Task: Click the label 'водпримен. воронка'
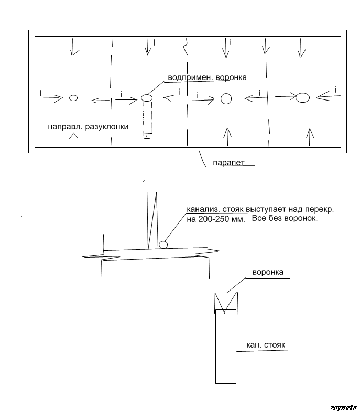click(x=208, y=77)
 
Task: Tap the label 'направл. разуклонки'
click(x=88, y=127)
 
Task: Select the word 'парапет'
click(x=228, y=163)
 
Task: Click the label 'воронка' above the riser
click(x=268, y=272)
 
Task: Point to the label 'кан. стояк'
click(x=266, y=345)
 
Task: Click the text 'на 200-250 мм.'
click(x=216, y=219)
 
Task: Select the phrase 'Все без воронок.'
click(x=285, y=218)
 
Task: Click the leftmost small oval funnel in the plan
click(x=73, y=98)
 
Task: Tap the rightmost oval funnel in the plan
click(x=302, y=98)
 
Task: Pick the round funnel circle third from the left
click(x=226, y=99)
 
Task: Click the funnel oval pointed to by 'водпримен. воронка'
click(x=147, y=98)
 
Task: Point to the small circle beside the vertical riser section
click(x=163, y=244)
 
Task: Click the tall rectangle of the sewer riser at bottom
click(x=226, y=347)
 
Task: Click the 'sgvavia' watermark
click(x=344, y=408)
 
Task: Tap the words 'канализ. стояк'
click(x=216, y=210)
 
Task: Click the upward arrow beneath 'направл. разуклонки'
click(x=73, y=139)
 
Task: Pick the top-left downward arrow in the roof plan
click(x=72, y=47)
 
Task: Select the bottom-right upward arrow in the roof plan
click(x=310, y=137)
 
